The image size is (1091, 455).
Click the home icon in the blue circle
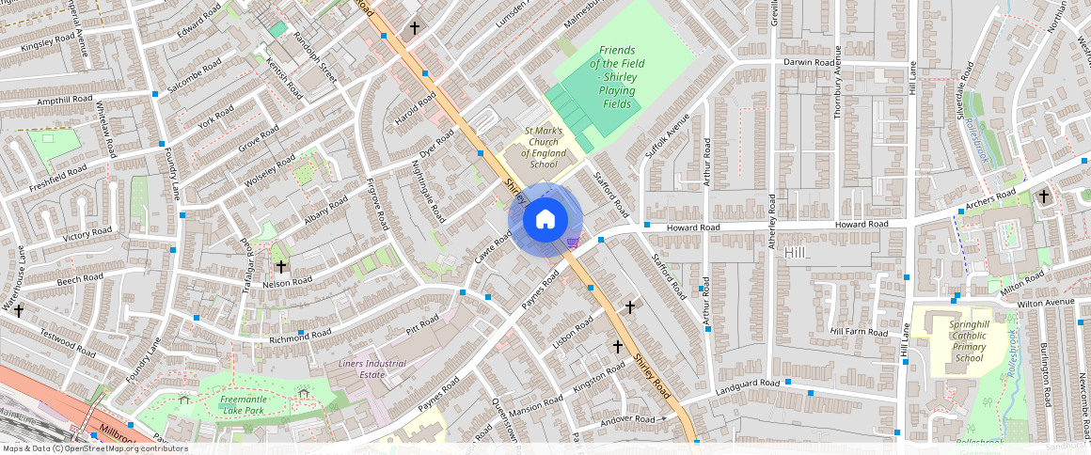(x=545, y=220)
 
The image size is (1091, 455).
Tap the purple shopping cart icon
(x=572, y=243)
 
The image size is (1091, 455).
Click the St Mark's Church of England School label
(x=544, y=148)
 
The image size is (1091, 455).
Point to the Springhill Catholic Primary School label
(x=956, y=340)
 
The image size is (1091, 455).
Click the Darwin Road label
(x=809, y=63)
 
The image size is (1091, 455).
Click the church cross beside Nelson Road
(x=280, y=267)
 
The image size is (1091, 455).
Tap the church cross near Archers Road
(x=1043, y=196)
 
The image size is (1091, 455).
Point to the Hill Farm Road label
(x=859, y=332)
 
